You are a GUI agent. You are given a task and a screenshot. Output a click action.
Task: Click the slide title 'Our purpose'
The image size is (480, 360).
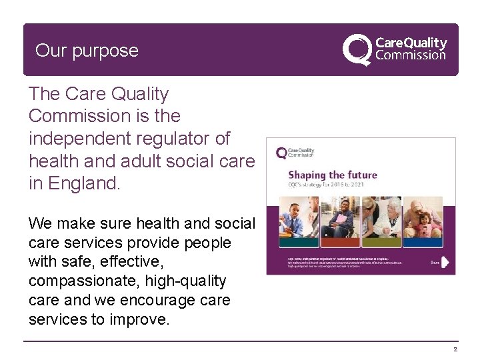pos(87,51)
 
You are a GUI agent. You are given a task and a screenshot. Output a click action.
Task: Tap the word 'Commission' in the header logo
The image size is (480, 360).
pos(411,56)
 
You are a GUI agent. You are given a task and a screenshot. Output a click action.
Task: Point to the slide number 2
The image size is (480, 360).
pos(455,349)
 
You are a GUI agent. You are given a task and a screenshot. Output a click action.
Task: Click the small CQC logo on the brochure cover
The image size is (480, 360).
pos(295,153)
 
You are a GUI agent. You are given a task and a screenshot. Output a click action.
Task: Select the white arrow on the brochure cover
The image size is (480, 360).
pos(445,263)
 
